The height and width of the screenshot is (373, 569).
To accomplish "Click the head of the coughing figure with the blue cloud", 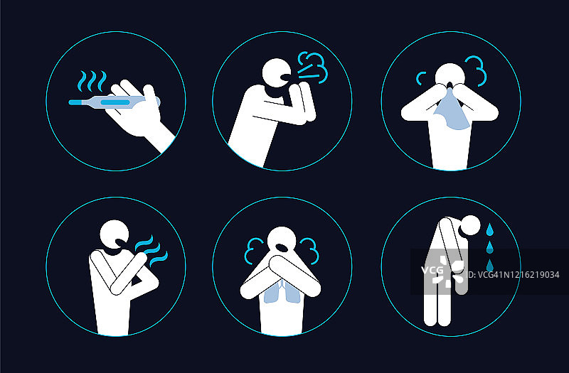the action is (277, 72).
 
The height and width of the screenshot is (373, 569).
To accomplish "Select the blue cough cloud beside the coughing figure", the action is (312, 67).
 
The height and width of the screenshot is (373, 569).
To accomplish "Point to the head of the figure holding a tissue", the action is (450, 75).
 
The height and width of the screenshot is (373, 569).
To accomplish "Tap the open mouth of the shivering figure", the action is (121, 241).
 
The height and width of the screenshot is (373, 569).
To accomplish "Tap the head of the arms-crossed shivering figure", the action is (114, 234).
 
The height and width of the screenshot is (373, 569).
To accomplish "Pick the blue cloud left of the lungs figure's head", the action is (253, 251).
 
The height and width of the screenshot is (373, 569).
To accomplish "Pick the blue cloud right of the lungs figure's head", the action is (309, 251).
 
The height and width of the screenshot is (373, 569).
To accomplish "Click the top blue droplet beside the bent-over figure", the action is (490, 229).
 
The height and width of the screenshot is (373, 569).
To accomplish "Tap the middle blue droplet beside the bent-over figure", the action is (490, 247).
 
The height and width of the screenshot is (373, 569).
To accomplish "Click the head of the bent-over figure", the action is (471, 225).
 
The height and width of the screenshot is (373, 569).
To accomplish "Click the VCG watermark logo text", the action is (432, 270).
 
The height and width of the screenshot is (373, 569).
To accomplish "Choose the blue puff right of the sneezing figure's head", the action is (477, 71).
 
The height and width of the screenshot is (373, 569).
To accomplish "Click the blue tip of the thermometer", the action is (75, 102).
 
